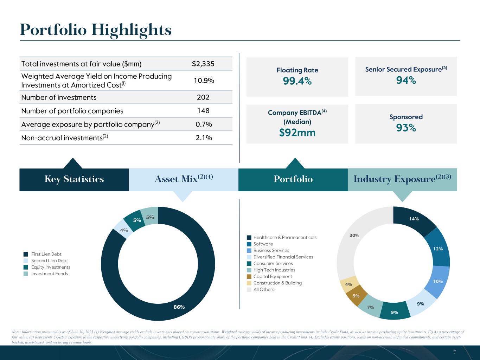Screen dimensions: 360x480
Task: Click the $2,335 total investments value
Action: click(x=203, y=64)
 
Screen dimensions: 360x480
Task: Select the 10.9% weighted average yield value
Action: click(x=204, y=81)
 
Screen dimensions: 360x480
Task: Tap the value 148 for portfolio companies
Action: click(x=203, y=111)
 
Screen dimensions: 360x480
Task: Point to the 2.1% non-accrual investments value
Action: click(x=204, y=138)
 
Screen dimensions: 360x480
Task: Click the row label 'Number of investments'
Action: click(x=59, y=97)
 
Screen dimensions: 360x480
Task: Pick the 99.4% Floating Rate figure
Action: click(x=297, y=81)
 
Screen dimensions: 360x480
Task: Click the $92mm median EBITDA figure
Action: click(x=297, y=133)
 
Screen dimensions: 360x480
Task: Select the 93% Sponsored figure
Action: click(x=406, y=128)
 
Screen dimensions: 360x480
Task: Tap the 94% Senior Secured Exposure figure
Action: click(x=406, y=81)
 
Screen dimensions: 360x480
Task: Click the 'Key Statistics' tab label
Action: click(x=74, y=179)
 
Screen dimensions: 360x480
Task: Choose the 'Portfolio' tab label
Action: click(x=293, y=179)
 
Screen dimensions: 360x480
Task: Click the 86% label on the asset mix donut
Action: click(x=179, y=307)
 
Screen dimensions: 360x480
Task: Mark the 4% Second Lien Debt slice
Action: click(x=124, y=231)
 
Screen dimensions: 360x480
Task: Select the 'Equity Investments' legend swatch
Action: click(x=26, y=267)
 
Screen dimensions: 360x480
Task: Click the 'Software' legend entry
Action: click(x=263, y=244)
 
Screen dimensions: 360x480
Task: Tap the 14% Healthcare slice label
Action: click(x=414, y=219)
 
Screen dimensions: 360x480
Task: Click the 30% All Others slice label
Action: click(x=354, y=235)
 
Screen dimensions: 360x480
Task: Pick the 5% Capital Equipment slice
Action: click(x=356, y=296)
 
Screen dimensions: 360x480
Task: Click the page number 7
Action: click(x=454, y=352)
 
